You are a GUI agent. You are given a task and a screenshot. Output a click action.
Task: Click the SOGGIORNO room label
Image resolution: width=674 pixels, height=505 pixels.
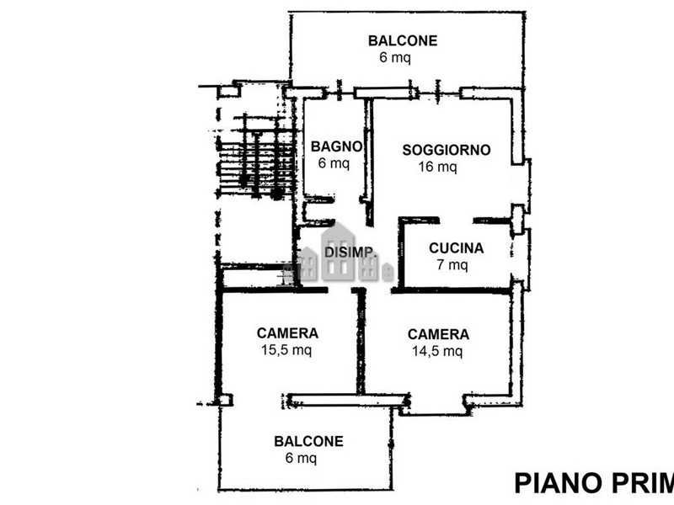[446, 150]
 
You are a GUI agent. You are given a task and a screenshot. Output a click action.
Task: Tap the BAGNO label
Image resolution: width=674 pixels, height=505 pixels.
[336, 146]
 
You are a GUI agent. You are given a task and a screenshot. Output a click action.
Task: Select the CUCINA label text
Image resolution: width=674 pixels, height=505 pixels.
[456, 248]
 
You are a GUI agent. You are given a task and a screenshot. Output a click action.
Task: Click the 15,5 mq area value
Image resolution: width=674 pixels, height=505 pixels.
[287, 350]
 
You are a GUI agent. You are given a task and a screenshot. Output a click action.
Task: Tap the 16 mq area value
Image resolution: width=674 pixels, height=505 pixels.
[438, 167]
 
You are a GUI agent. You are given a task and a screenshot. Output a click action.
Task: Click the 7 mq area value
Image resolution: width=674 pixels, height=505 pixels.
[452, 265]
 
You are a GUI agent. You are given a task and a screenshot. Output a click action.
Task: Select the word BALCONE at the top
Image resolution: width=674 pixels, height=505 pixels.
[403, 40]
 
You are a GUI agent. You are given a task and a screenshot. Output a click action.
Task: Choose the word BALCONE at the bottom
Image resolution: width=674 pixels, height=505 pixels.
[308, 441]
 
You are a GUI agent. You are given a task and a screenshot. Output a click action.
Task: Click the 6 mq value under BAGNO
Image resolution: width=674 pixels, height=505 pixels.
[334, 163]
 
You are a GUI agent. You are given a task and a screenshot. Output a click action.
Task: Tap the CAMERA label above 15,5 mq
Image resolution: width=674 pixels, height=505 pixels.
[287, 332]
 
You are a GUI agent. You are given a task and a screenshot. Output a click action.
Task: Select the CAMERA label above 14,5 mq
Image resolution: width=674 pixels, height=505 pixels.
[438, 334]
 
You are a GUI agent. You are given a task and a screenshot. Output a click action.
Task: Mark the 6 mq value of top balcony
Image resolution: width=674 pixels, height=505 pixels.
[395, 58]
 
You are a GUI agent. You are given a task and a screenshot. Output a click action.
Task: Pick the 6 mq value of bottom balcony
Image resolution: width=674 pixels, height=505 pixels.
[301, 458]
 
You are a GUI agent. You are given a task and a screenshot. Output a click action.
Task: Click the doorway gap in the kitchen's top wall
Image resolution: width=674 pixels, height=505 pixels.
[456, 221]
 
